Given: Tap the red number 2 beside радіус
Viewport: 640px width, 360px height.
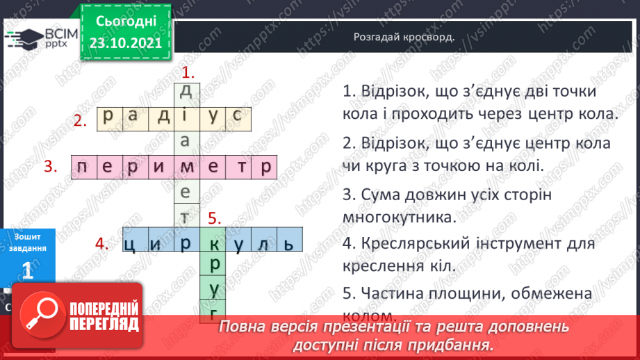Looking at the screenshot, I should [81, 120].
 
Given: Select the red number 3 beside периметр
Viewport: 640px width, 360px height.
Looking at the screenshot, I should [50, 166].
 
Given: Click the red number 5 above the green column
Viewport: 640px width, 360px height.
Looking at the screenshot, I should [214, 218].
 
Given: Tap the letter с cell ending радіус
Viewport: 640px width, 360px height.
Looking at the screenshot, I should [239, 116].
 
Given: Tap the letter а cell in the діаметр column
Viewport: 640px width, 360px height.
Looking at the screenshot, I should [185, 141].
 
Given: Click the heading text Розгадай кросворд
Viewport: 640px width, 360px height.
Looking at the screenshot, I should [404, 38].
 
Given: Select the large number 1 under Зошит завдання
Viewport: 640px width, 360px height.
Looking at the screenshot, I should [28, 271].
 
